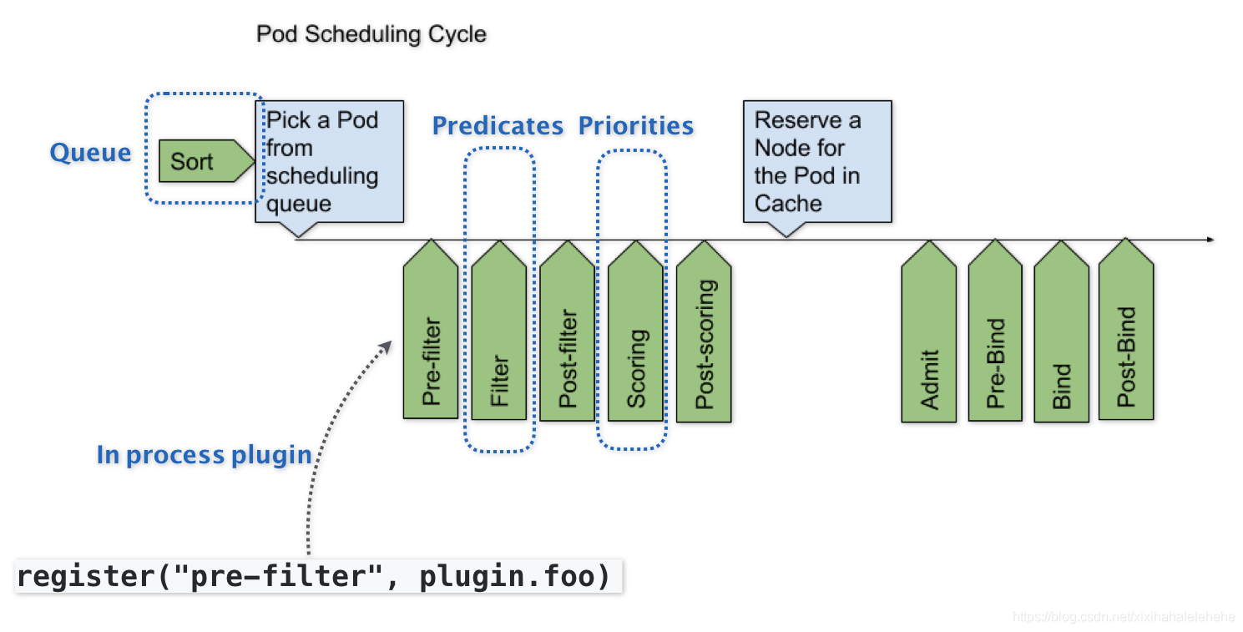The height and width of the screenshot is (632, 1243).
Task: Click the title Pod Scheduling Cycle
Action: (x=371, y=35)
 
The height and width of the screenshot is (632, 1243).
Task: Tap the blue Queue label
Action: (x=90, y=153)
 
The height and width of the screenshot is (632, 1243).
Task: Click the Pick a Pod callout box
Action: (x=329, y=162)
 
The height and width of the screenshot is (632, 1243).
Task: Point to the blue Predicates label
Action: (x=498, y=126)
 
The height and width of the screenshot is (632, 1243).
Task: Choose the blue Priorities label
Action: (x=635, y=126)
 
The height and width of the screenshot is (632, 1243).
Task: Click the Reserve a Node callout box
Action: (x=816, y=162)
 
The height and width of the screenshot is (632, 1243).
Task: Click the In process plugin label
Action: (x=204, y=455)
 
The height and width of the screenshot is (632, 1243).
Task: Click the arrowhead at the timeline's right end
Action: (x=1210, y=240)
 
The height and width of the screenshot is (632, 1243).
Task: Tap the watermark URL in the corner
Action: (x=1124, y=617)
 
